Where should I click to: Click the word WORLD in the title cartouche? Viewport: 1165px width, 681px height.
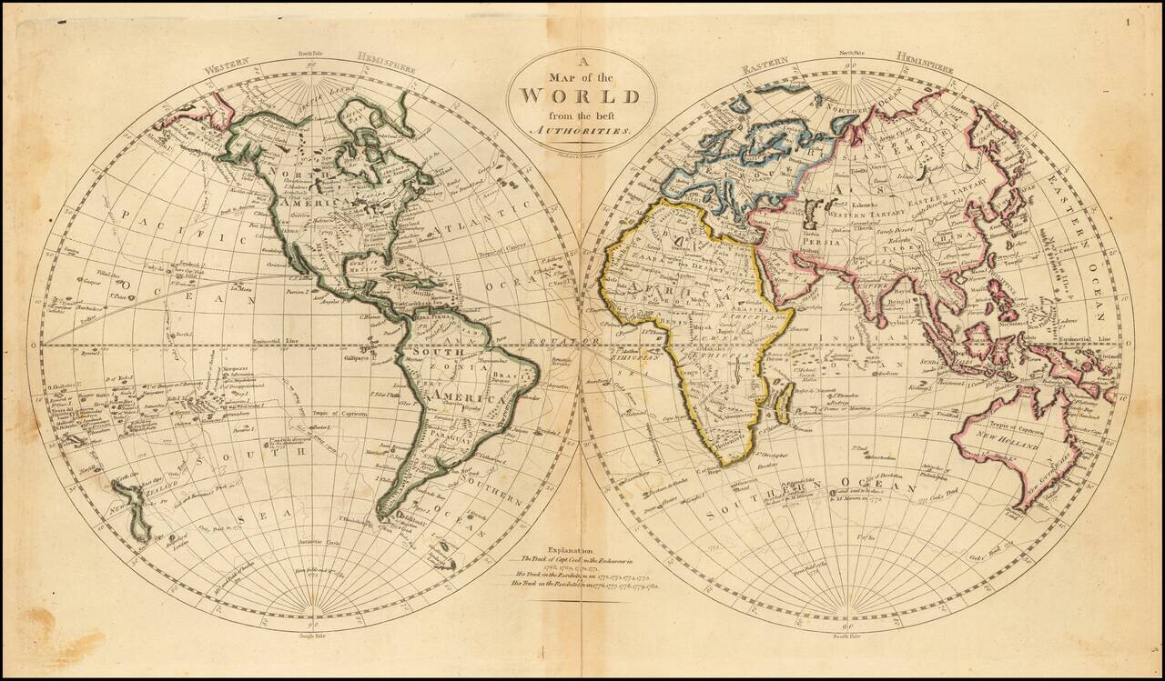click(580, 95)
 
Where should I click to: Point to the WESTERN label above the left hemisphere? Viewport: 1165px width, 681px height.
click(227, 68)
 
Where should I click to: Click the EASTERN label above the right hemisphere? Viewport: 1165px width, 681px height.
click(764, 69)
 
